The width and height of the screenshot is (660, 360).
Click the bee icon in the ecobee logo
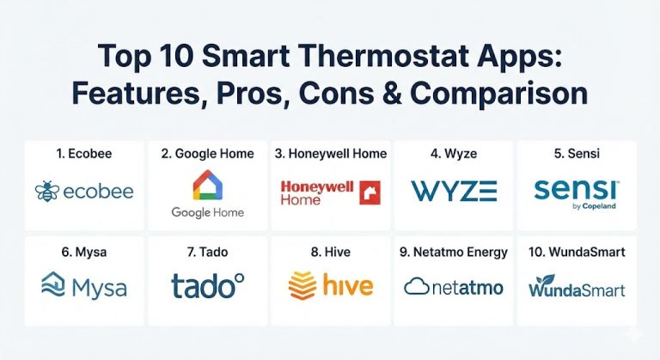(47, 191)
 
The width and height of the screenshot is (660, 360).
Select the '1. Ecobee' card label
(84, 154)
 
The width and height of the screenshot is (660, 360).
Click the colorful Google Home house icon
(207, 186)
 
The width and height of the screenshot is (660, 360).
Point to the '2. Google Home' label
(207, 154)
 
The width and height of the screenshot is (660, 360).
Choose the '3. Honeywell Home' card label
(330, 154)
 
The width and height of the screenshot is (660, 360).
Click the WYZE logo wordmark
(453, 190)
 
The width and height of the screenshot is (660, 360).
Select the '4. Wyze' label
(453, 154)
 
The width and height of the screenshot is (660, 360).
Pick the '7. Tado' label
(207, 253)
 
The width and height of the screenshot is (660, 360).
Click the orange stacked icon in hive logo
(302, 284)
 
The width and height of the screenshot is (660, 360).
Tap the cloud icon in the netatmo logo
(416, 286)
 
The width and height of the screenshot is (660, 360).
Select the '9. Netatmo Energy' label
(453, 253)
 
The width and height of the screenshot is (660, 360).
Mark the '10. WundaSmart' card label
(577, 253)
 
